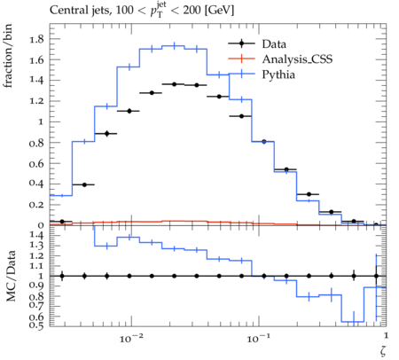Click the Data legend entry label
274,44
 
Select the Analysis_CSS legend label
297,59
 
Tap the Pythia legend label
278,74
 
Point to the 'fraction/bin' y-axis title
8,56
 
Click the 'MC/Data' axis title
11,276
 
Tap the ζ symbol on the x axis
383,351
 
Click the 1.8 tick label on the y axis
36,39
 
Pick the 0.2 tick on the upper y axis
36,205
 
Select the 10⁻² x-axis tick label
131,338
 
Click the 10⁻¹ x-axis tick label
259,338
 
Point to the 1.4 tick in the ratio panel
36,236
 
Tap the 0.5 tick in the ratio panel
36,325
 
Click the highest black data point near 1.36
174,84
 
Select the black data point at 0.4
84,184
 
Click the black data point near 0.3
309,194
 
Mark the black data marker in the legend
241,43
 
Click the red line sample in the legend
241,59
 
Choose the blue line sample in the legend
241,74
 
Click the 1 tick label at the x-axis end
386,336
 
